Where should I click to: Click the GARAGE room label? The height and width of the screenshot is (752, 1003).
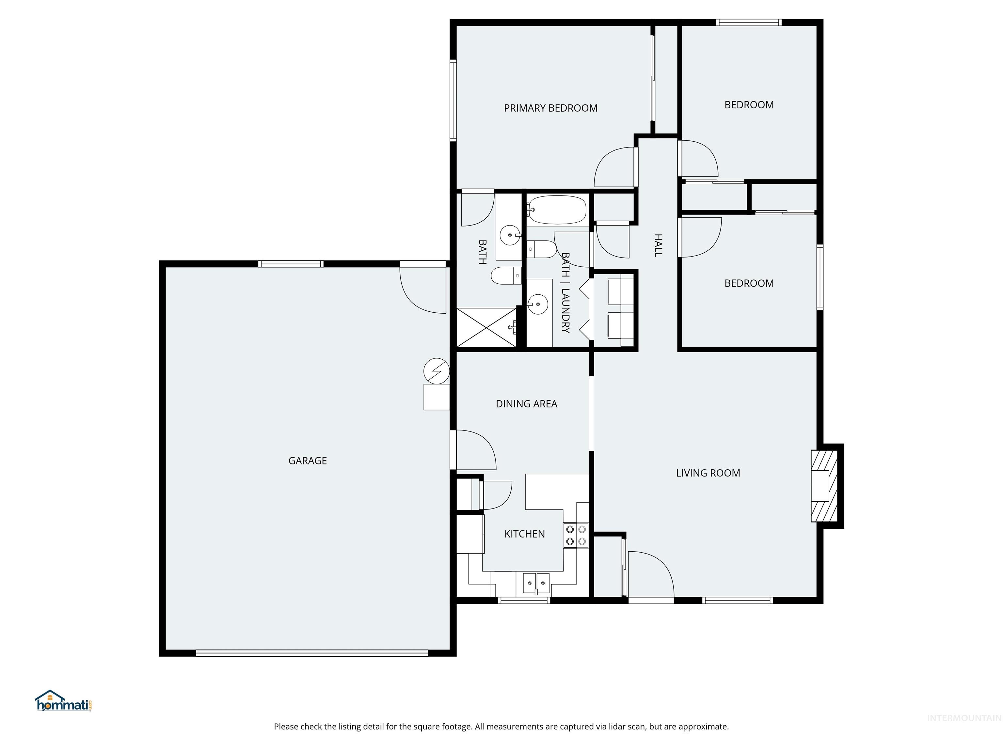[308, 461]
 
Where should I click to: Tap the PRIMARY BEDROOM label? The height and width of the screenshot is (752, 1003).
[550, 108]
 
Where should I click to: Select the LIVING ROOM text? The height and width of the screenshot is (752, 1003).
[708, 473]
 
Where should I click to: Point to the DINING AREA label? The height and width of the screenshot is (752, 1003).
[526, 404]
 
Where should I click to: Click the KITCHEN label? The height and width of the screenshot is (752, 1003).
[525, 534]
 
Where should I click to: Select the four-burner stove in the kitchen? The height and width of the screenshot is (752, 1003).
[576, 535]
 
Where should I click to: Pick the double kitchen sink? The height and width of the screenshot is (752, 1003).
[536, 583]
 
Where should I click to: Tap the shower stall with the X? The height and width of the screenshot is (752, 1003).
[486, 328]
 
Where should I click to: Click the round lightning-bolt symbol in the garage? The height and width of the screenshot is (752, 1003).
[436, 371]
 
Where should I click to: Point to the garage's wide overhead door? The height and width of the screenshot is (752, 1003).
[312, 653]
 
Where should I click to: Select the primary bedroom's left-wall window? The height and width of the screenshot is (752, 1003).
[453, 100]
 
